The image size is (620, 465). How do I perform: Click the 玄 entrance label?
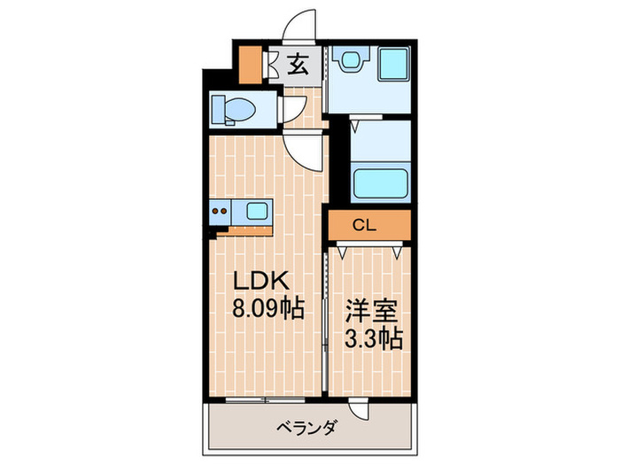pos(298,65)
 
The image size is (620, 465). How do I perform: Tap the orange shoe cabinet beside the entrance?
pos(252,63)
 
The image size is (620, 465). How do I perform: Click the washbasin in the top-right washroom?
pos(352,59)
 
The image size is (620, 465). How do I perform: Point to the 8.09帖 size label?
pos(267,309)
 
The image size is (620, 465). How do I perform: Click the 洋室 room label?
pos(370,313)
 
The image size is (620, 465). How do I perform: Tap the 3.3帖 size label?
pos(370,339)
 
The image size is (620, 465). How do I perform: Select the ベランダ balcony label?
pos(306,429)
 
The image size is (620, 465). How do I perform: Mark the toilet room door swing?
pos(288,109)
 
